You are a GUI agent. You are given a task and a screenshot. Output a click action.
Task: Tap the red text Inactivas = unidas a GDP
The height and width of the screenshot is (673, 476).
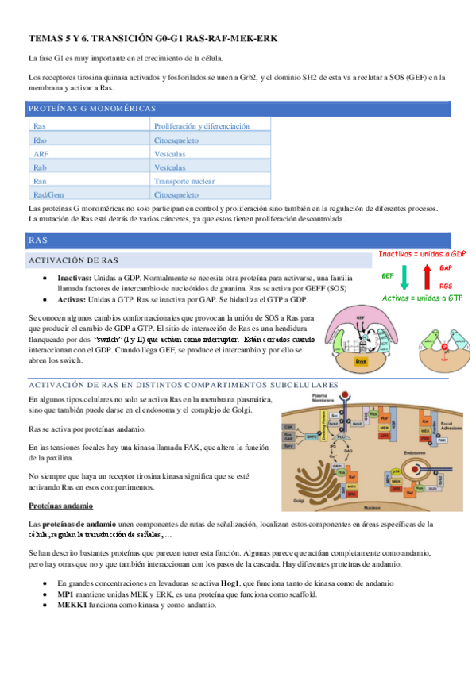[421, 254]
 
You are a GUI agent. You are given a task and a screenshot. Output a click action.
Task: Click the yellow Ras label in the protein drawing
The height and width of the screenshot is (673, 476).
[360, 360]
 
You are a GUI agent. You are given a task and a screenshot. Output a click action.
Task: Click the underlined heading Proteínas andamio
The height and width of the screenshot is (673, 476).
[60, 506]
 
